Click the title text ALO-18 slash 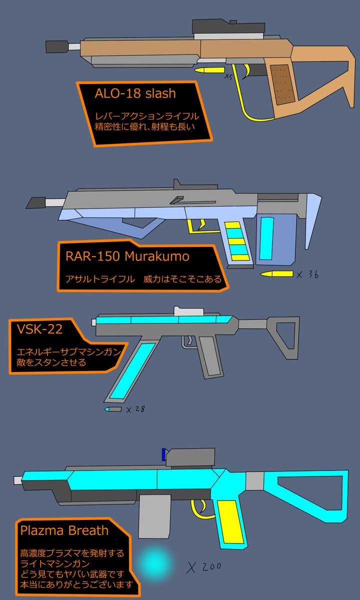point(135,93)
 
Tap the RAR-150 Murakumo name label point(127,256)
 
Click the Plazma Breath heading point(64,530)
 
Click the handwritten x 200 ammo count point(204,566)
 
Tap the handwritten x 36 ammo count point(307,274)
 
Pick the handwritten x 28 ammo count point(136,409)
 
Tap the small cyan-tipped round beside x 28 point(113,409)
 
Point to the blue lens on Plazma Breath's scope point(164,454)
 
